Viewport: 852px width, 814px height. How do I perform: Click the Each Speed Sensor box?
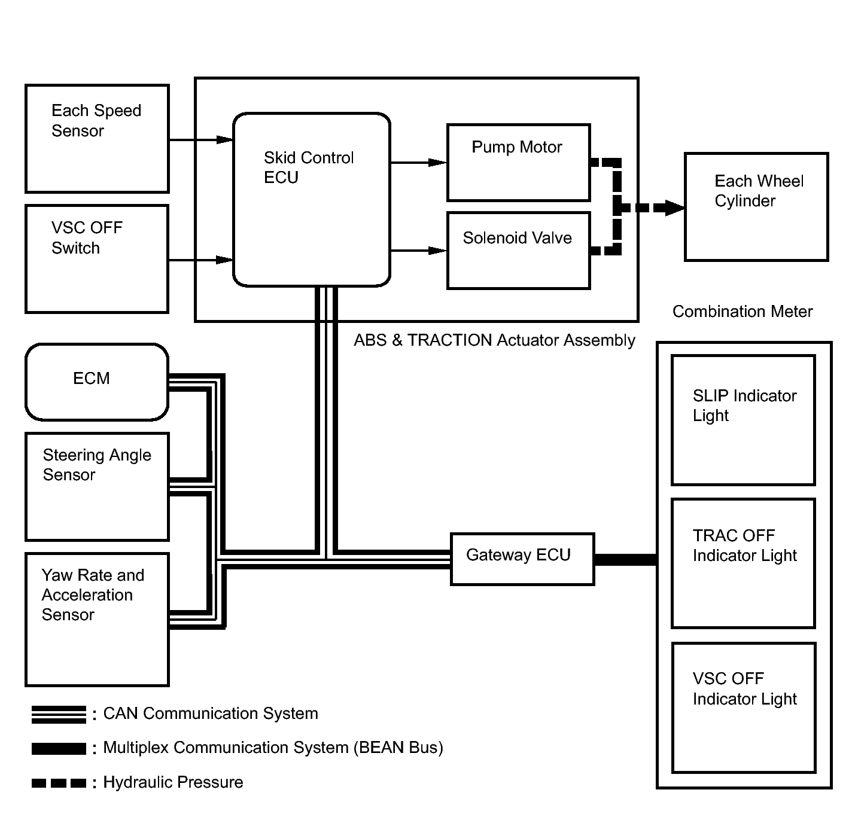(x=97, y=139)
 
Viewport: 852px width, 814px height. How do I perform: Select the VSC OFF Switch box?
(x=97, y=259)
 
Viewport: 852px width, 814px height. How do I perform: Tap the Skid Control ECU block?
(x=311, y=199)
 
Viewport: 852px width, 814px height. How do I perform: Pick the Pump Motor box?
(x=519, y=163)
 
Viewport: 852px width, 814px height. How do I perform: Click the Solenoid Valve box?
(x=519, y=251)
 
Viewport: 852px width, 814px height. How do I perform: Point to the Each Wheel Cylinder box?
(x=756, y=207)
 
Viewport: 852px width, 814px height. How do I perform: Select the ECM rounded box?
(x=97, y=382)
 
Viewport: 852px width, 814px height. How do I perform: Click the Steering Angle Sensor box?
(x=97, y=487)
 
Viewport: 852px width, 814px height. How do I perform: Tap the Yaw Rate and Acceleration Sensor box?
(x=97, y=619)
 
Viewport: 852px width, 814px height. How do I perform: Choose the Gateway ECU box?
(x=522, y=559)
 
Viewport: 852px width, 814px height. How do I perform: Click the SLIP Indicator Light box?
(x=743, y=420)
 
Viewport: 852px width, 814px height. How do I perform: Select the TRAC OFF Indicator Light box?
(x=743, y=563)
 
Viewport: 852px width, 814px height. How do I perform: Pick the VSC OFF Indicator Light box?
(x=743, y=708)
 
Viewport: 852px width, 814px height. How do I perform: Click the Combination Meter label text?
(x=743, y=312)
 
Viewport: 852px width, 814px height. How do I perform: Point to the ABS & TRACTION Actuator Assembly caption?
(x=494, y=340)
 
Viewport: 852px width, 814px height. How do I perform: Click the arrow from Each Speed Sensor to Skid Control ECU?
(x=200, y=140)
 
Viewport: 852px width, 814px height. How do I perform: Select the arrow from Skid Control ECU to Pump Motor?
(x=418, y=162)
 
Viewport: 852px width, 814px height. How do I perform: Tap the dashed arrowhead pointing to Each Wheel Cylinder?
(x=674, y=208)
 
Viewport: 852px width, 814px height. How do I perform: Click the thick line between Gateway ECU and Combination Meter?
(x=625, y=560)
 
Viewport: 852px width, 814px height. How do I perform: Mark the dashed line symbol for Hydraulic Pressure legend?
(x=59, y=783)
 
